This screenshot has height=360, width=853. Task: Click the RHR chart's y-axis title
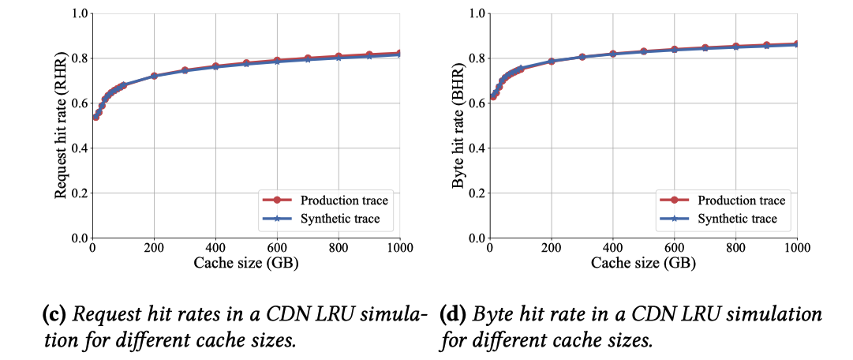click(60, 126)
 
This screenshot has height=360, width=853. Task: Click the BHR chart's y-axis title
click(457, 126)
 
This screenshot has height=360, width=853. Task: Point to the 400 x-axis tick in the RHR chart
click(215, 247)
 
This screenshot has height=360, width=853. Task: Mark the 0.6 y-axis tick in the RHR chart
click(78, 103)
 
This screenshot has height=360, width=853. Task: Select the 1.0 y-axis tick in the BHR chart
click(476, 13)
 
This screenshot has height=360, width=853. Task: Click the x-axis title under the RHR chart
click(246, 263)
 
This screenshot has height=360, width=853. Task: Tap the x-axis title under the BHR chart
click(644, 263)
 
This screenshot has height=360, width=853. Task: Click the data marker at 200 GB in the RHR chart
click(155, 76)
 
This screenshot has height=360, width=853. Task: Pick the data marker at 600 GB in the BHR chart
click(674, 49)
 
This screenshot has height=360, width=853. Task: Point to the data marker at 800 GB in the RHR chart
click(339, 56)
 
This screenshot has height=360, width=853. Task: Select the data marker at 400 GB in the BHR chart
click(612, 53)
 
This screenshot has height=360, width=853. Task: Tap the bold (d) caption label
click(453, 314)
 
